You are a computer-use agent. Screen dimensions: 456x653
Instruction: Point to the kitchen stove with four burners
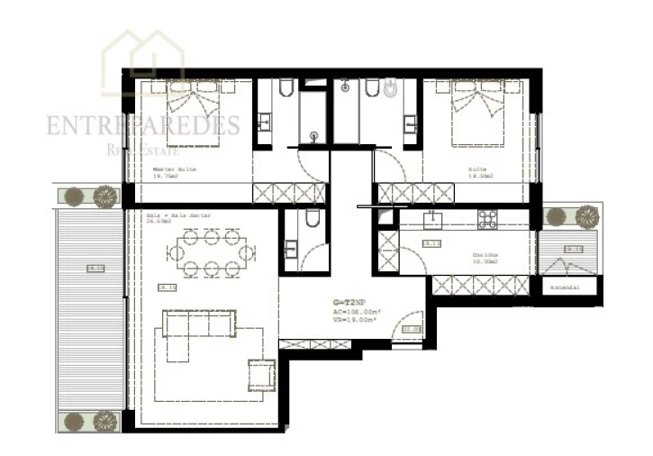point(487,219)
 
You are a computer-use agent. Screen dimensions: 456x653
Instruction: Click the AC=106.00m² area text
point(355,312)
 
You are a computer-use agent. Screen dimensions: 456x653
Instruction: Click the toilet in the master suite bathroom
point(285,88)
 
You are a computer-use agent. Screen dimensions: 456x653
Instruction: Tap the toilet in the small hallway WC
point(311,220)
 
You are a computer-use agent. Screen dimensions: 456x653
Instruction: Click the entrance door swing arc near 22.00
point(411,321)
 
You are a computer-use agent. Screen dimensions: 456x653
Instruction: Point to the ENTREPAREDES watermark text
point(143,125)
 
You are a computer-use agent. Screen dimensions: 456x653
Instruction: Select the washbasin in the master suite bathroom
point(266,121)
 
